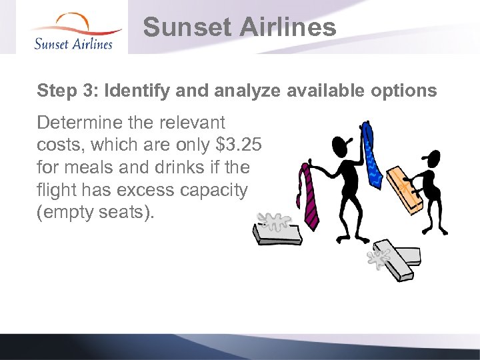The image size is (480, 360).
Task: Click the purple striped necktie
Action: click(309, 197)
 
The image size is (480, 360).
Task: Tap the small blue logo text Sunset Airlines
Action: click(73, 43)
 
